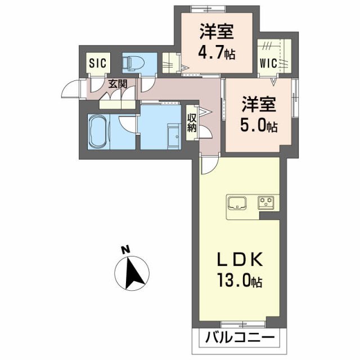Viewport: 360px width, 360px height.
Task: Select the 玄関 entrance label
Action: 118,84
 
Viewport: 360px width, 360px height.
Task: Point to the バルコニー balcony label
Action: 240,339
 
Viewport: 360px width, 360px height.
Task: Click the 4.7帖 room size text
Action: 216,54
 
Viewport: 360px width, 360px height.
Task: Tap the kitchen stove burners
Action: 266,202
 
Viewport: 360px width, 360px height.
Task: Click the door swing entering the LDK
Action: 208,164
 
